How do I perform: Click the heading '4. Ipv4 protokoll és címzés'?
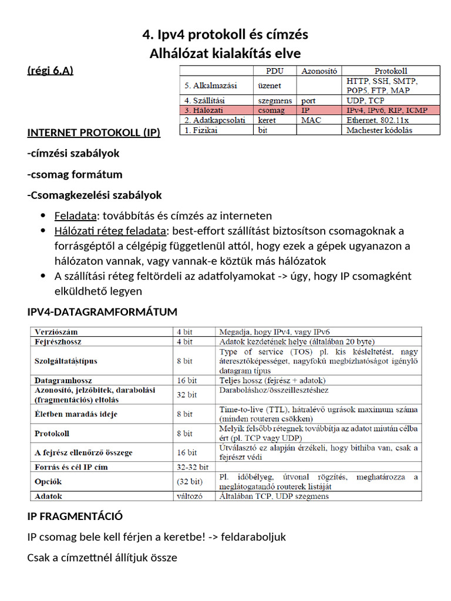click(x=225, y=35)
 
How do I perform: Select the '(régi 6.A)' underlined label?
click(x=50, y=71)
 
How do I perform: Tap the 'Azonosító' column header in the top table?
click(x=319, y=71)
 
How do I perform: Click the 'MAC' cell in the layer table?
click(x=311, y=120)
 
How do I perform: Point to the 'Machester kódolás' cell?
click(x=379, y=130)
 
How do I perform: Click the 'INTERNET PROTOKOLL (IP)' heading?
click(x=93, y=132)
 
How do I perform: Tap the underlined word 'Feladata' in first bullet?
click(x=73, y=216)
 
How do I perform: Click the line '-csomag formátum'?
click(x=75, y=174)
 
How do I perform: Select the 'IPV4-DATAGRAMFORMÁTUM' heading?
click(x=102, y=311)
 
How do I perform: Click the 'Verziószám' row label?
click(x=56, y=332)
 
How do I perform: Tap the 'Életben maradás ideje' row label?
click(x=76, y=414)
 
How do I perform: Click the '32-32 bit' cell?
click(x=193, y=467)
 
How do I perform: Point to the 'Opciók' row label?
click(x=48, y=481)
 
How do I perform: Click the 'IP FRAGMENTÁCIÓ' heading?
click(x=75, y=516)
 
